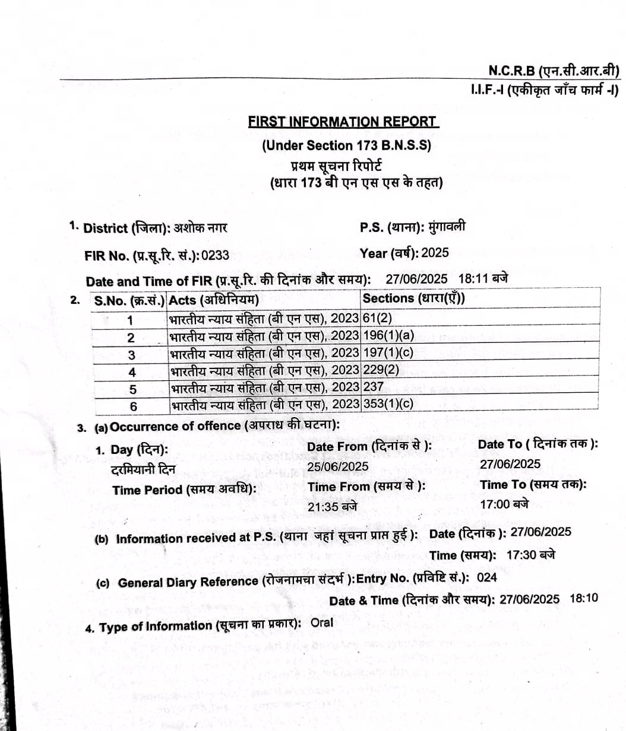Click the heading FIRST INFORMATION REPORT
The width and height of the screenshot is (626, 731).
(343, 122)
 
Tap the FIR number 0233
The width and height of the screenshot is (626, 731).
(215, 256)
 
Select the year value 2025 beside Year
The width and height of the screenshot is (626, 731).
(435, 253)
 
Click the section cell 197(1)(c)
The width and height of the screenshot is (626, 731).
(388, 352)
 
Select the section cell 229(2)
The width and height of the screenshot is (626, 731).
(380, 370)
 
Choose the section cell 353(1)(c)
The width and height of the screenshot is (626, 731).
(388, 404)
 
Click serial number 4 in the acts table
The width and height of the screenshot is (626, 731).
(132, 373)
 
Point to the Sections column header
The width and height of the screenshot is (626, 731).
(413, 298)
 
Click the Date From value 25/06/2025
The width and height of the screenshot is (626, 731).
(337, 466)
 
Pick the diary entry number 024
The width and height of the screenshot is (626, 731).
(487, 577)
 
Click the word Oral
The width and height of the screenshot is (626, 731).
(322, 622)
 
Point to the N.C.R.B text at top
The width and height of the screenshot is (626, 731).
(511, 71)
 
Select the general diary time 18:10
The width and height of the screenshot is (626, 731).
(584, 598)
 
